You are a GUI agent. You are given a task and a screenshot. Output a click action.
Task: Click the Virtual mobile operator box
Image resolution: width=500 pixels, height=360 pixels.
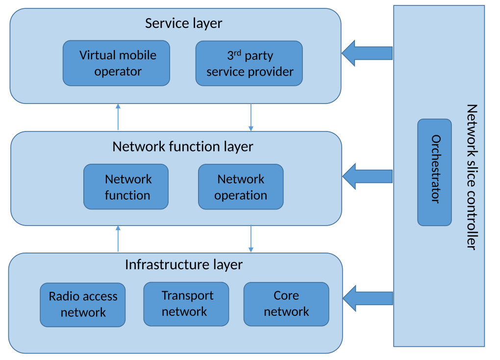point(116,63)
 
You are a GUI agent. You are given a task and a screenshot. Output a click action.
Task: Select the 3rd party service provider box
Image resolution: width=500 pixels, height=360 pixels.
point(249,63)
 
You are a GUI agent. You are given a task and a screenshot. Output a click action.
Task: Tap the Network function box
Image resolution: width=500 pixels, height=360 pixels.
point(126,187)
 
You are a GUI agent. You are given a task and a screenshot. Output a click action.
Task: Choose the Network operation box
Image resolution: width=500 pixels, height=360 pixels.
point(241,187)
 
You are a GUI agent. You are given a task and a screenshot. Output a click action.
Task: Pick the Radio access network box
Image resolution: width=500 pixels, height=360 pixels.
point(83,305)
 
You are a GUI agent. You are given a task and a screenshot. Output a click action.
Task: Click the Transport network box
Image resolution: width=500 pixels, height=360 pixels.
point(186,304)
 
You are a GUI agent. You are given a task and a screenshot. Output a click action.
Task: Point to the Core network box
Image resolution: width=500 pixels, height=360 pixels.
point(286,304)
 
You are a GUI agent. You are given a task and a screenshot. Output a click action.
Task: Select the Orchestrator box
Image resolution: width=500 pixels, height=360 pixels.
point(434,172)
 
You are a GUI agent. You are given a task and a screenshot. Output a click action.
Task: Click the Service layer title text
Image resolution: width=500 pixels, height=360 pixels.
point(184,24)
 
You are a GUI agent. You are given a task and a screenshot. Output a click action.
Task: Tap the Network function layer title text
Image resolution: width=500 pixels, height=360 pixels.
point(183,147)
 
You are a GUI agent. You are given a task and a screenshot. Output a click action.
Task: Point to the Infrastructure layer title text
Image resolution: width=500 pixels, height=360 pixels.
point(184,265)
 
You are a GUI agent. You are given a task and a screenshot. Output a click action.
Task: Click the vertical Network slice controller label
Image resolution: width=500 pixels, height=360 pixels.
point(471,177)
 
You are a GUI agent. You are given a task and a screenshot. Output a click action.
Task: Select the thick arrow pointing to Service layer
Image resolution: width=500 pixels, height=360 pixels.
point(367,53)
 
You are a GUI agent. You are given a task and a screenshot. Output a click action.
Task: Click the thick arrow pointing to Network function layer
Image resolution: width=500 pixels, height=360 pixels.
point(367,177)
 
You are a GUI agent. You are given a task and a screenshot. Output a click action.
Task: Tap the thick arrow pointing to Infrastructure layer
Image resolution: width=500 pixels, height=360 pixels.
point(368,298)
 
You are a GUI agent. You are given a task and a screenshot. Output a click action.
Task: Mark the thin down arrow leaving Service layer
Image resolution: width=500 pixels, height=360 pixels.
point(251,118)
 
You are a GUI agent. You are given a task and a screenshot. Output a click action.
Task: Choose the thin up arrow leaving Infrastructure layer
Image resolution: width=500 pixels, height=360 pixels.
point(118,239)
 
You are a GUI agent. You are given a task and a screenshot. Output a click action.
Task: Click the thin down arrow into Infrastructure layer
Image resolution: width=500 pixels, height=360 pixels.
point(251,239)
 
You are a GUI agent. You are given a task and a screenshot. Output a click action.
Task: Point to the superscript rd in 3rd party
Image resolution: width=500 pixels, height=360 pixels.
point(238,52)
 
